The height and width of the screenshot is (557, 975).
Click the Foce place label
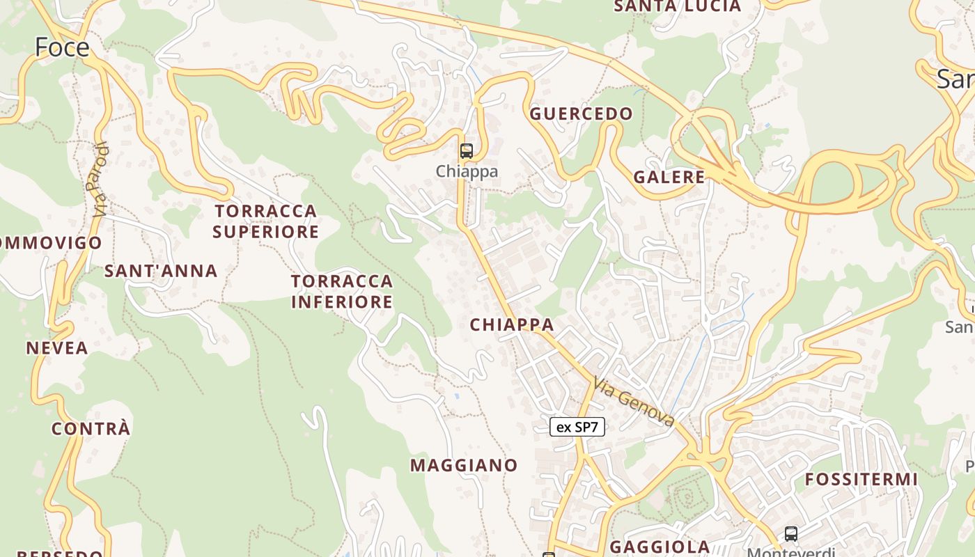tap(62, 47)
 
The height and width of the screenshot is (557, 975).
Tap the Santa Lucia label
tap(677, 6)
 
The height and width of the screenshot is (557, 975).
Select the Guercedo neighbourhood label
tap(582, 114)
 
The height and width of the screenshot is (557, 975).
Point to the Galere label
tap(669, 178)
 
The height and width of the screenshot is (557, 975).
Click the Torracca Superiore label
tap(265, 221)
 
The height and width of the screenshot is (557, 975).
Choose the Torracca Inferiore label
tap(342, 291)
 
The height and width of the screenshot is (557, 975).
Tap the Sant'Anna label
tap(161, 271)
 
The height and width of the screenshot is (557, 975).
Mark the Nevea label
tap(57, 348)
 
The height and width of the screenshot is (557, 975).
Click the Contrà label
tap(91, 429)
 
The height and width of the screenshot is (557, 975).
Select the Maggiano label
tap(464, 465)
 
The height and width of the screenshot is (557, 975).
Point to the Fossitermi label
tap(861, 480)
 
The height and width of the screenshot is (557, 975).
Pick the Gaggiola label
tap(660, 547)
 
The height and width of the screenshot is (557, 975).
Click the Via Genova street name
tap(634, 402)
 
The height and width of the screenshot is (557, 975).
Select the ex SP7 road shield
tap(577, 427)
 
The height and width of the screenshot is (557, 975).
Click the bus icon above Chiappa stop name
tap(466, 150)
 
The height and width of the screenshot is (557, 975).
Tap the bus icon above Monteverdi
tap(791, 534)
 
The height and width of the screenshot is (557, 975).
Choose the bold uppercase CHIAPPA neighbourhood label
tap(512, 324)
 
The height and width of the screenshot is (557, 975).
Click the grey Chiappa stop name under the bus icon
tap(467, 171)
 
